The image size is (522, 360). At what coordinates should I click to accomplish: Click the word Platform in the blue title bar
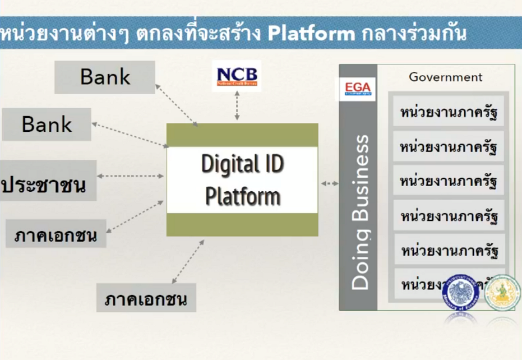pos(311,33)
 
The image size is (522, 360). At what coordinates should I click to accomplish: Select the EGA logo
pos(358,89)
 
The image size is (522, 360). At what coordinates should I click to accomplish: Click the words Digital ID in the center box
pos(242,164)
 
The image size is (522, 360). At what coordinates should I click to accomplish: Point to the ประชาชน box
pos(48,181)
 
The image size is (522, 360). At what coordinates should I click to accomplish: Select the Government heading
pos(445,77)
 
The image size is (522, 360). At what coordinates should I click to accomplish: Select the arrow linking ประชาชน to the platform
pos(130,176)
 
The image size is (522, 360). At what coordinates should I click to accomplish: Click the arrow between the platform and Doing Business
pos(330,183)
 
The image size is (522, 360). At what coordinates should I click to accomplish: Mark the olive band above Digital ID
pos(242,135)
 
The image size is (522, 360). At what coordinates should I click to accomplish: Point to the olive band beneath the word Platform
pos(242,224)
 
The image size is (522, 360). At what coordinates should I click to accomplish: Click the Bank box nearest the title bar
pos(105,77)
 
